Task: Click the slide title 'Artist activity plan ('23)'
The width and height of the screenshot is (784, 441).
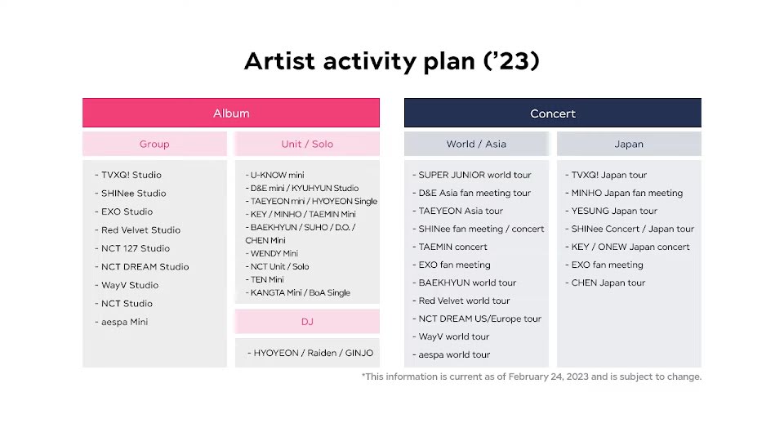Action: click(x=391, y=61)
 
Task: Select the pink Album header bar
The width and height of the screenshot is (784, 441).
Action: click(x=231, y=113)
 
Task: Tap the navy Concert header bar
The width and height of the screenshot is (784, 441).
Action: click(x=553, y=113)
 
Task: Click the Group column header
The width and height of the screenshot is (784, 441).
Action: click(x=154, y=144)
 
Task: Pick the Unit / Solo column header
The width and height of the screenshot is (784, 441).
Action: click(x=307, y=144)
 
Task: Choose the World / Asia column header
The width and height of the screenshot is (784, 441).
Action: click(x=476, y=144)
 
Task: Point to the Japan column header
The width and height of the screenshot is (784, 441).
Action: click(x=629, y=144)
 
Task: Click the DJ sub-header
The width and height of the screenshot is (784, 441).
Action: click(x=307, y=322)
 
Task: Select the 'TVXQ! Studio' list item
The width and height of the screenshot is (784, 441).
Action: click(x=128, y=175)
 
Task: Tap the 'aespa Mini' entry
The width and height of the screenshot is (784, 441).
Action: click(x=122, y=322)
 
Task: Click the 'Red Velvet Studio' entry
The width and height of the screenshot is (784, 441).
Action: click(x=137, y=230)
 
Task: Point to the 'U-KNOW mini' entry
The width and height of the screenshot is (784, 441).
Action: click(x=275, y=175)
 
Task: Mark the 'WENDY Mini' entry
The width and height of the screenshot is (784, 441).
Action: click(x=272, y=253)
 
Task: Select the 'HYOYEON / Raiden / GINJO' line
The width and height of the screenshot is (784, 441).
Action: click(x=310, y=353)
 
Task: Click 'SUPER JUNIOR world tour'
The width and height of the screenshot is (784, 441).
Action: click(x=472, y=175)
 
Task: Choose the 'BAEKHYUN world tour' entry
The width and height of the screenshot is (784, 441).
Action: click(x=465, y=283)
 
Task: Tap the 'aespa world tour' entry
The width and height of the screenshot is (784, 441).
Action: click(x=452, y=355)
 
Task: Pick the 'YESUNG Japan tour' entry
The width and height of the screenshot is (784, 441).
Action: click(x=612, y=211)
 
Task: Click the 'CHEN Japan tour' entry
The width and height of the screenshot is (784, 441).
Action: click(x=605, y=283)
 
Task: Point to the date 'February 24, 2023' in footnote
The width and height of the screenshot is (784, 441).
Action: click(x=549, y=377)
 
